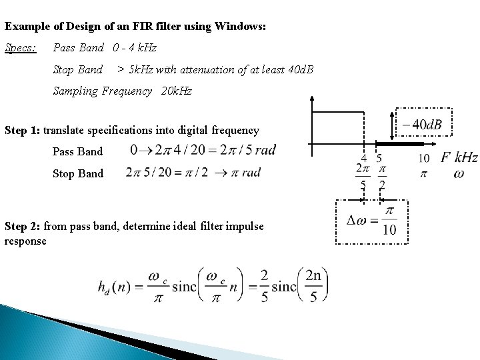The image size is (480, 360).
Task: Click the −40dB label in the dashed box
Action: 422,125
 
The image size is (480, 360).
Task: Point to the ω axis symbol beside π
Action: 459,173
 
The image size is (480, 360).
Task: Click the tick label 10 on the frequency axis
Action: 423,159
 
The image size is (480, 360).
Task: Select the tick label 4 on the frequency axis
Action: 363,159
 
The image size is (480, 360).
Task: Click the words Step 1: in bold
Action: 23,129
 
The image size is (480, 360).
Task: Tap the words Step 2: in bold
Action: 23,227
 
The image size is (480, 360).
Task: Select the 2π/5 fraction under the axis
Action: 363,175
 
